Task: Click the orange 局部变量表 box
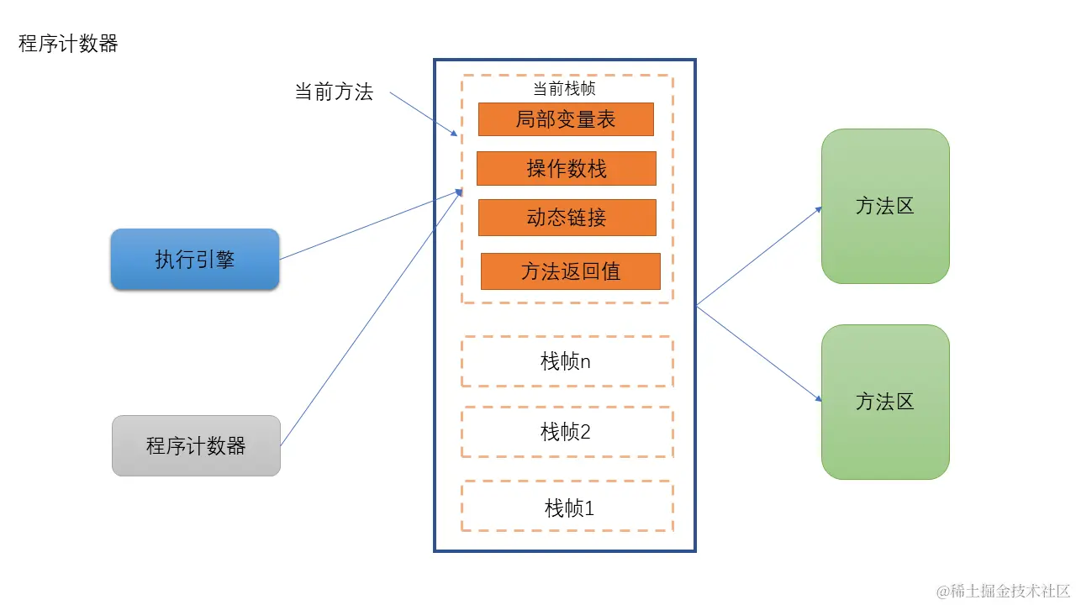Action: [566, 119]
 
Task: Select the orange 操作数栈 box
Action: [566, 168]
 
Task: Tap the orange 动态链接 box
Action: [567, 218]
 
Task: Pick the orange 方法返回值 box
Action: [570, 271]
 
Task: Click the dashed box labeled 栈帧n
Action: [567, 362]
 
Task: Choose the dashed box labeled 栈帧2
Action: [567, 433]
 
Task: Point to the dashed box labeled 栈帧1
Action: [567, 507]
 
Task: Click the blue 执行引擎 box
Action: [195, 260]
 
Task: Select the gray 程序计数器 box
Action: [196, 446]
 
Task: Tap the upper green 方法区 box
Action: [885, 206]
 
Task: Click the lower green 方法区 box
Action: [885, 402]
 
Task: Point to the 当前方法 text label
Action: [334, 92]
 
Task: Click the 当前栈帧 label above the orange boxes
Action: [565, 89]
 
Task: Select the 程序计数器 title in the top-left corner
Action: [68, 45]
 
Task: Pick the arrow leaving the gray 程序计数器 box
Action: [370, 318]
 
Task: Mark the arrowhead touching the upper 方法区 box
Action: [817, 210]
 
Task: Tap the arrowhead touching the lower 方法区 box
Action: [817, 398]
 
